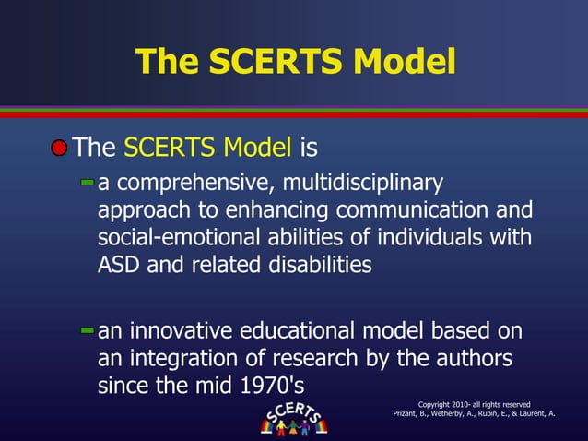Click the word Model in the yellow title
tap(399, 62)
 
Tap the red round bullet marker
tap(59, 147)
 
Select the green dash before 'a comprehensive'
tap(87, 184)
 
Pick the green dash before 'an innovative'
tap(87, 329)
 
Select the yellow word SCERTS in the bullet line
tap(166, 147)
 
